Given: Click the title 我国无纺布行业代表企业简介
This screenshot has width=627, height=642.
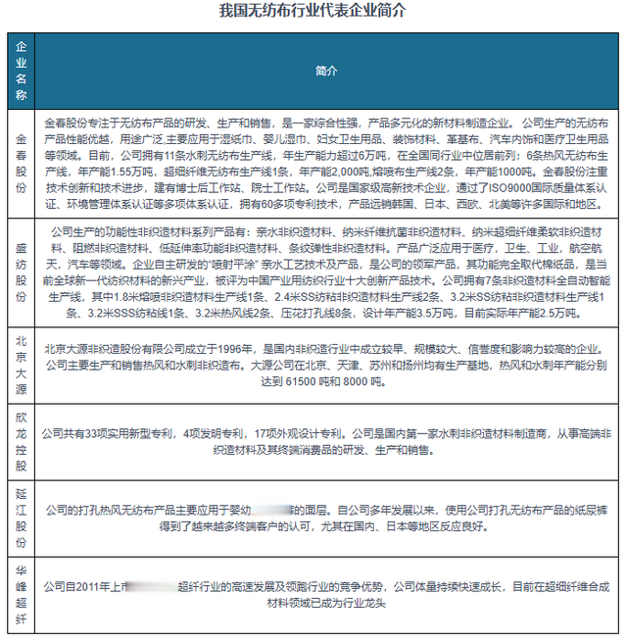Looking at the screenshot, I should (x=313, y=11).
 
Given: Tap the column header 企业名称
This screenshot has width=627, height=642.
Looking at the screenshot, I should (x=22, y=71).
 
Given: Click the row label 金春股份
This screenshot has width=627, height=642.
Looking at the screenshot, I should (x=22, y=162).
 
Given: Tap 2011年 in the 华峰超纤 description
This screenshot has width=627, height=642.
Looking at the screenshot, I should (x=91, y=586).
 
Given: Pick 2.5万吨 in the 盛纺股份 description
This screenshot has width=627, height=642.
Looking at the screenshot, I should (x=557, y=313).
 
